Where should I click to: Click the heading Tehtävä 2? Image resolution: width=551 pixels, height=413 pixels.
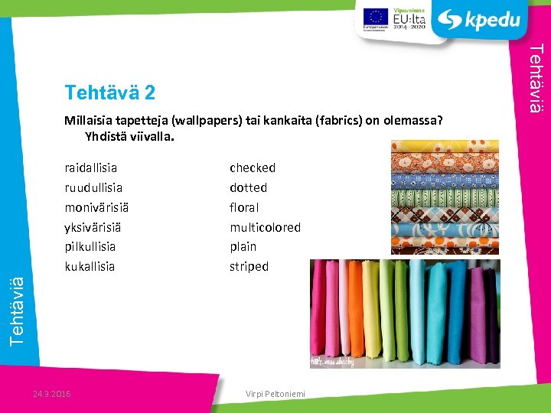click(110, 93)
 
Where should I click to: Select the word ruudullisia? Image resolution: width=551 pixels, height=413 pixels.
click(94, 187)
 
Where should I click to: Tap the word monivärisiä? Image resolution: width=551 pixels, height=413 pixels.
click(96, 207)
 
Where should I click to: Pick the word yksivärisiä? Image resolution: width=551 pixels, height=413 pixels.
click(93, 227)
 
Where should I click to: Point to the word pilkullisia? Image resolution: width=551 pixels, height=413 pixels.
click(90, 246)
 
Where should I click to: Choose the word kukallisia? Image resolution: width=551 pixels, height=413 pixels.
click(90, 266)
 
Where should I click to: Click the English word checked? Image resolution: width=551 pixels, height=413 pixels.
click(253, 167)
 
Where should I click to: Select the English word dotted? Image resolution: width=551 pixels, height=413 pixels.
click(248, 187)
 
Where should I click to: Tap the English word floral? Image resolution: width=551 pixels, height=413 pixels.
click(244, 207)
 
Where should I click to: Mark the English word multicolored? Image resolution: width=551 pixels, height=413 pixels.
click(265, 227)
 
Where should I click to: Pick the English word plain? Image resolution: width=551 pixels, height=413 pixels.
click(243, 246)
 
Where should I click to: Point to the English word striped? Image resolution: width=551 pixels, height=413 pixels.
click(249, 266)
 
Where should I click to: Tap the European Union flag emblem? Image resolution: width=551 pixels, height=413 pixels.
click(375, 17)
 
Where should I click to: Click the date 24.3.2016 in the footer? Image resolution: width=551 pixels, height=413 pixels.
click(53, 394)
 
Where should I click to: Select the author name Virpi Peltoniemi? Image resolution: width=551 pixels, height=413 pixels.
click(275, 394)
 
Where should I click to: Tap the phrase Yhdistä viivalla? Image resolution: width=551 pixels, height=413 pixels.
click(129, 138)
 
